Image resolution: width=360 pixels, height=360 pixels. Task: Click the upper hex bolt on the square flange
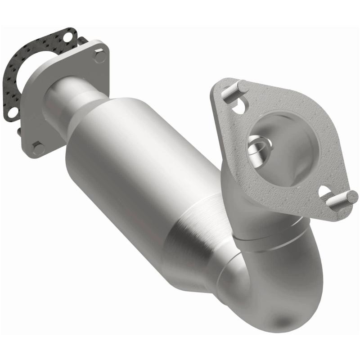point(99,56)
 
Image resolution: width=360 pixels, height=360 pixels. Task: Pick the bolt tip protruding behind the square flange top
point(82,40)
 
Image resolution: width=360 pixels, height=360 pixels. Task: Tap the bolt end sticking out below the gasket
point(19,131)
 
